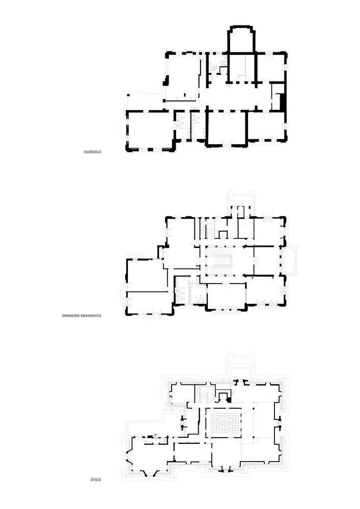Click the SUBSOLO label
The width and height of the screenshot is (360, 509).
click(93, 152)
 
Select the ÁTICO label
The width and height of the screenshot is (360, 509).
click(96, 479)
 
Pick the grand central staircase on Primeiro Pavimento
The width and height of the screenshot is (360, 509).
click(223, 260)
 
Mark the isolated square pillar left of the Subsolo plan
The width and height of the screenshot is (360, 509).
click(128, 95)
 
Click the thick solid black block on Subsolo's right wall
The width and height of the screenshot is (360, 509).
click(282, 101)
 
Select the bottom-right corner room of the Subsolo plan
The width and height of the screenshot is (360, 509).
click(267, 126)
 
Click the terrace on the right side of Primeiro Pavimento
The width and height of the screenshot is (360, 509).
click(289, 261)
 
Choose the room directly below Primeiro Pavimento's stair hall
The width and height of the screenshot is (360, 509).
click(226, 296)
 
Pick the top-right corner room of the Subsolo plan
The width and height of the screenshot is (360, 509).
click(270, 67)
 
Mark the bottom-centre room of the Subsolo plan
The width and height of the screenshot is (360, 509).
click(226, 127)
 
